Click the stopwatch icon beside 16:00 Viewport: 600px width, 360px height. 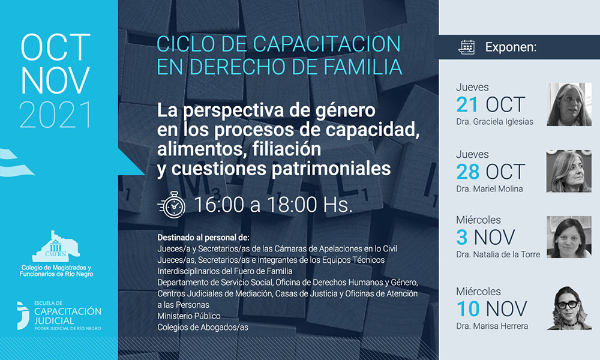172,205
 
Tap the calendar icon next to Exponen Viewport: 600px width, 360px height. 466,47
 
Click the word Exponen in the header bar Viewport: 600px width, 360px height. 511,47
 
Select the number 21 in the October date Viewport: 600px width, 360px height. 467,104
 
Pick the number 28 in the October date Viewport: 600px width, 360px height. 467,172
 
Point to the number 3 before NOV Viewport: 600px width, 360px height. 462,237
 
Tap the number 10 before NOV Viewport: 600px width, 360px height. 467,309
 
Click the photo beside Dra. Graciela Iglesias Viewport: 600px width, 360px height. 569,104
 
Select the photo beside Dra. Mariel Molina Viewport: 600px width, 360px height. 569,171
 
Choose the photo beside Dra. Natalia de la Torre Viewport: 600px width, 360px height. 569,237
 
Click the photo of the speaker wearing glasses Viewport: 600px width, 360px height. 569,308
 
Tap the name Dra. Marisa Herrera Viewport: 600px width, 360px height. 492,326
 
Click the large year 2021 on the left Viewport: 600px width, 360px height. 55,115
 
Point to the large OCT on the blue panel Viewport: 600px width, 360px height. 55,47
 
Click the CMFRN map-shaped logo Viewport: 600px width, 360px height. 56,246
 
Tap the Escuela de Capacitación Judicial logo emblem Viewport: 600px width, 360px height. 23,316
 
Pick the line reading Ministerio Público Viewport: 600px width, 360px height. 188,316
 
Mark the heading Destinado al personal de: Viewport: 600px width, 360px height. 203,238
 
